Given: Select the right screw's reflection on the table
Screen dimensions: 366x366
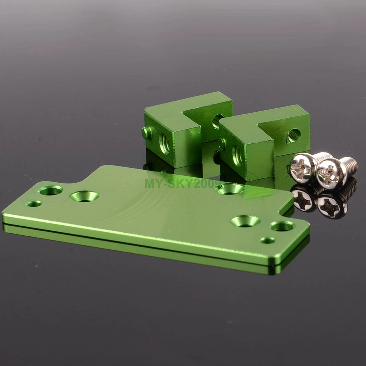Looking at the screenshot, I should point(331,205).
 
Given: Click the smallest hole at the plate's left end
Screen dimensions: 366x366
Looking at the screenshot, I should point(34,204).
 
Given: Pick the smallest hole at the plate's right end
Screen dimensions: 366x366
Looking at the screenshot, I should point(267,240).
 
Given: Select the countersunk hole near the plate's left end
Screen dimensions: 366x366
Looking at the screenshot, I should point(84,196).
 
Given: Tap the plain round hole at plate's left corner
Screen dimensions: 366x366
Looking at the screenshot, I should point(51,190).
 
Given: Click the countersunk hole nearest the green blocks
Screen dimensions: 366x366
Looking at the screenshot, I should point(230,188).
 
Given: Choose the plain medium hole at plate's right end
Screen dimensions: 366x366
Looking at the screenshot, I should point(282,226).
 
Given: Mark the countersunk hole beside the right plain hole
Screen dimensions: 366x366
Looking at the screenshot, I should point(245,221).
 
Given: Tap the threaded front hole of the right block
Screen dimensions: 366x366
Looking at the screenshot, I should point(237,156).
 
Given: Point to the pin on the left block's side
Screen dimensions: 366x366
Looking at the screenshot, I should point(146,133).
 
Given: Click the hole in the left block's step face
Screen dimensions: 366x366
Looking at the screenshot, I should point(217,121).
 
